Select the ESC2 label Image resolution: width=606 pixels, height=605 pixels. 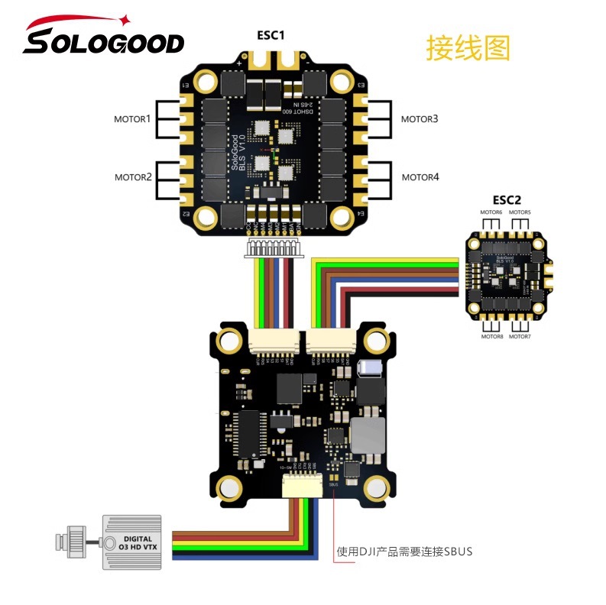pyautogui.click(x=507, y=201)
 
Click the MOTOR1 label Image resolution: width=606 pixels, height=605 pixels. pyautogui.click(x=134, y=120)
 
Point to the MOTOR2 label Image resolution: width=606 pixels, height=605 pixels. pyautogui.click(x=134, y=177)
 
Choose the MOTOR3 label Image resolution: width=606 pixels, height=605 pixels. pyautogui.click(x=420, y=119)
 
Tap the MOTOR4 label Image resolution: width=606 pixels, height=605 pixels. pyautogui.click(x=420, y=177)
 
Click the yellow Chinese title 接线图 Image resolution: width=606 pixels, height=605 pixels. pyautogui.click(x=468, y=48)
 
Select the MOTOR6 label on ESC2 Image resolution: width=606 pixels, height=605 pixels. pyautogui.click(x=491, y=212)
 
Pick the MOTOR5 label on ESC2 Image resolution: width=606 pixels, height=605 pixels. pyautogui.click(x=520, y=212)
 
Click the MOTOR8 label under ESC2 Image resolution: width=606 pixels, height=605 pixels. pyautogui.click(x=491, y=336)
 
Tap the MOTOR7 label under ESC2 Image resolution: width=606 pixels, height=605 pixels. pyautogui.click(x=520, y=336)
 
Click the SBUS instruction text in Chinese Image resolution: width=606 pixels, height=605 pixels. pyautogui.click(x=405, y=551)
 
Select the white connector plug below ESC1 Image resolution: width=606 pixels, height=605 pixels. pyautogui.click(x=272, y=247)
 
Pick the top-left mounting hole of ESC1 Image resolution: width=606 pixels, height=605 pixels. pyautogui.click(x=204, y=80)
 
